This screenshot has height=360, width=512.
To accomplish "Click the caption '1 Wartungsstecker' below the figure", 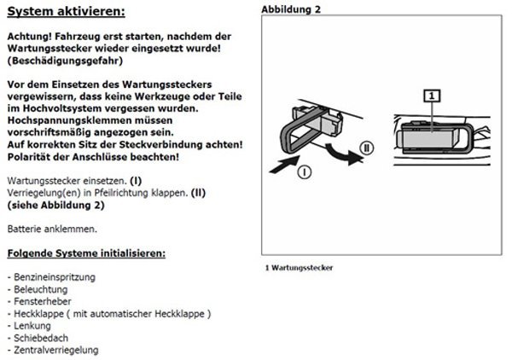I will pos(300,267).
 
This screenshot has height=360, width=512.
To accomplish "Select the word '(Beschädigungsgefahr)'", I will pos(64,61).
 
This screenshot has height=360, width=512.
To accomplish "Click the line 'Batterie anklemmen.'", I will pos(51,229).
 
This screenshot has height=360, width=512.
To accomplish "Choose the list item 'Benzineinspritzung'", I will pos(54,278).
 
